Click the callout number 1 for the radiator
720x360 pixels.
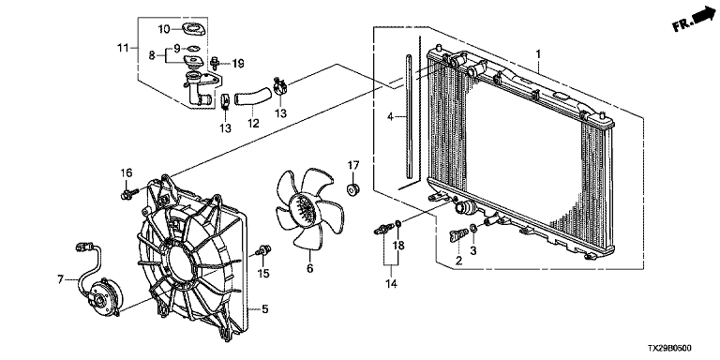[x=538, y=55]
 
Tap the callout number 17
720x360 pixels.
[x=353, y=165]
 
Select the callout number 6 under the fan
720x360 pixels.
[x=310, y=268]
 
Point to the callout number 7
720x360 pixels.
[x=61, y=278]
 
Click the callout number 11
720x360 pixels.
[x=122, y=47]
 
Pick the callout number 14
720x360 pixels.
[x=392, y=284]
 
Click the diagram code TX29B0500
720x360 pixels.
[x=670, y=349]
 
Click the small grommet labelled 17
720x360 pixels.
[x=353, y=188]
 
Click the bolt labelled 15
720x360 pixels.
[x=264, y=250]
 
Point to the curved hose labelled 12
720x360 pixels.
[x=253, y=97]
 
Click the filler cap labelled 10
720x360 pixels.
[x=194, y=29]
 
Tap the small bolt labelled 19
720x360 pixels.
[x=215, y=62]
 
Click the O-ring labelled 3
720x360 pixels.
[x=473, y=228]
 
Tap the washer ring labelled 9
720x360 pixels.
[x=193, y=47]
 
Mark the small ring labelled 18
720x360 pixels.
[x=398, y=224]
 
